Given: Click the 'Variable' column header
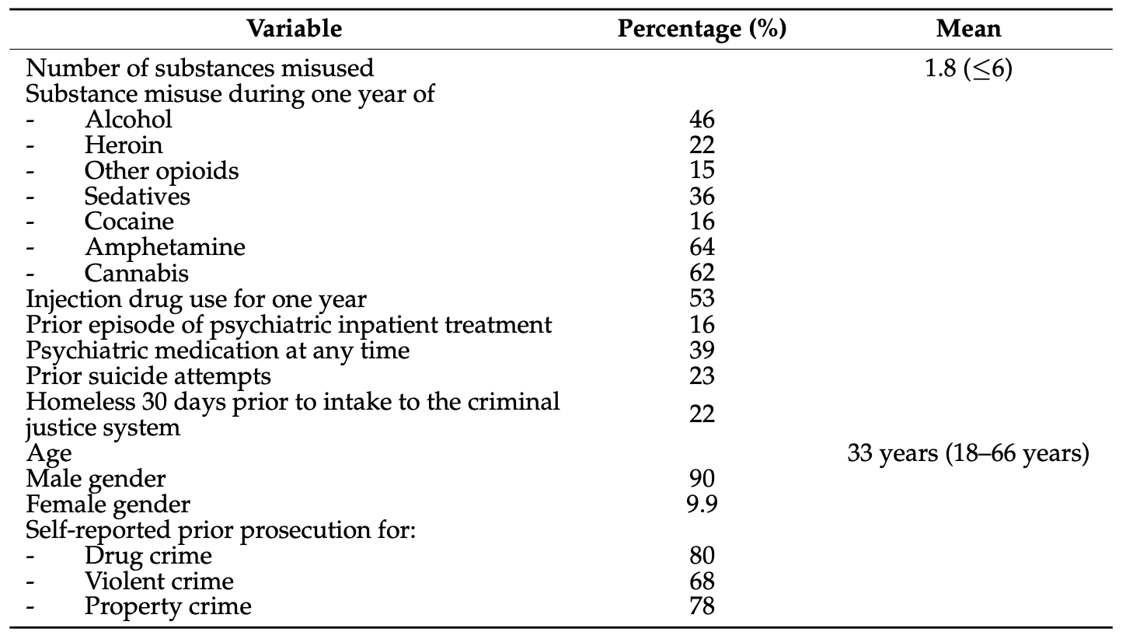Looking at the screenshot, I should tap(294, 29).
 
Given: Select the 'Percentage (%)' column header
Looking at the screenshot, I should tap(702, 29).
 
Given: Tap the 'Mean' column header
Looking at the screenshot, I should tap(968, 29).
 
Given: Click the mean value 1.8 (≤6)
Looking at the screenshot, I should tap(968, 68).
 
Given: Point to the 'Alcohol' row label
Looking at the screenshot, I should tap(128, 119).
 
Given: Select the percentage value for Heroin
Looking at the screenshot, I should tap(702, 145).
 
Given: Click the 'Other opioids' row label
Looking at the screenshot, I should tap(162, 170).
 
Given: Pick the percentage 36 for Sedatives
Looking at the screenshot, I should tap(702, 196).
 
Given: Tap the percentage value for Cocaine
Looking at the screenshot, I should tap(702, 222).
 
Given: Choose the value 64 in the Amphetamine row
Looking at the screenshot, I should tap(702, 247).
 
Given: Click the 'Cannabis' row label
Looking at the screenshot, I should tap(137, 273).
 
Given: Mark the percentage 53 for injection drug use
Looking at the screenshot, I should tap(702, 299).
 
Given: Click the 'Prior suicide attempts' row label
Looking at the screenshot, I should tap(148, 375).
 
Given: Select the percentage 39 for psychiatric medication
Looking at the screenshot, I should tap(702, 350).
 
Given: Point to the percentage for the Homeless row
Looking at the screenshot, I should tap(702, 414).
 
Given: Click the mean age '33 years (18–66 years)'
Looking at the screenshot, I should tap(968, 453).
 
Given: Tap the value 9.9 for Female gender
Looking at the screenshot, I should tap(702, 505).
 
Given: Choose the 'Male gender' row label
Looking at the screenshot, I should tap(96, 479).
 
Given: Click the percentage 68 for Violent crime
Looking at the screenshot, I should tap(702, 581).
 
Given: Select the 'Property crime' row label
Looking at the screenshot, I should tap(168, 606).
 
